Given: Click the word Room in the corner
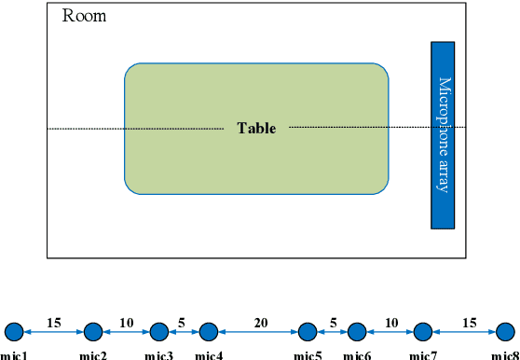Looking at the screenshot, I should click(x=84, y=16).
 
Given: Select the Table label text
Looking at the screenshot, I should click(x=256, y=129).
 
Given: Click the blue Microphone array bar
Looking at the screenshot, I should click(x=443, y=134).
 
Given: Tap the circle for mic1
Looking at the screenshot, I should click(x=14, y=330).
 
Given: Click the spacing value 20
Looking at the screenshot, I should click(x=260, y=323).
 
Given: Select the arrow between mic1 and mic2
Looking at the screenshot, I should click(x=53, y=331).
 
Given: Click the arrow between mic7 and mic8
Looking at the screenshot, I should click(x=464, y=331).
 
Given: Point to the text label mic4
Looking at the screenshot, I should click(x=209, y=354).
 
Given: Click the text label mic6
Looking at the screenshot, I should click(x=357, y=354).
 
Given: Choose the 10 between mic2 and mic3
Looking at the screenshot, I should click(x=126, y=323).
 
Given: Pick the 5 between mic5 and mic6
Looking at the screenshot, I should click(x=333, y=323).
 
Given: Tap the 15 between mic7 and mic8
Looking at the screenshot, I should click(x=469, y=323).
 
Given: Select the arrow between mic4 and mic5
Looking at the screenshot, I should click(x=258, y=331).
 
